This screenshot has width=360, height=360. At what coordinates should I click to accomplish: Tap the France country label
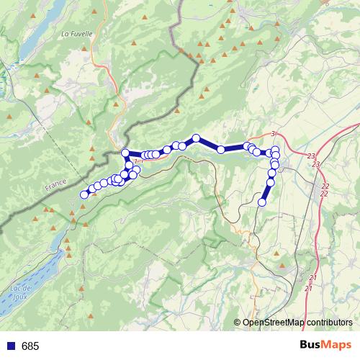click(55, 185)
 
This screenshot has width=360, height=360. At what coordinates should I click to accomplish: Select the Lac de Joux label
click(20, 293)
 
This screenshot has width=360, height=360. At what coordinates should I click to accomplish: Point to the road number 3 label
click(274, 134)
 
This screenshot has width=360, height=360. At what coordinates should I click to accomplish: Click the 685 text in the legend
click(30, 346)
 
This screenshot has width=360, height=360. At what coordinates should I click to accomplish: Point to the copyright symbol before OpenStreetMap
click(238, 323)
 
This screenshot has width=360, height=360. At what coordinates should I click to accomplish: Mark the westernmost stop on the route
click(84, 194)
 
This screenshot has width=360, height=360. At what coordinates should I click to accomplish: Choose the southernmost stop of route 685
click(262, 202)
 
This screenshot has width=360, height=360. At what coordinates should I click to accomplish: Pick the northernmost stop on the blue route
click(196, 138)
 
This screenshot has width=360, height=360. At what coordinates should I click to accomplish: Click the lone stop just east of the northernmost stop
click(221, 150)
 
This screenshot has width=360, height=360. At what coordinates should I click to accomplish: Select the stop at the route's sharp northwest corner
click(125, 152)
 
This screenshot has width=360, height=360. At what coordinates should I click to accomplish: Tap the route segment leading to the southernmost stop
click(266, 192)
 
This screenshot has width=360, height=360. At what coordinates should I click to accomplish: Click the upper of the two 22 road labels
click(325, 186)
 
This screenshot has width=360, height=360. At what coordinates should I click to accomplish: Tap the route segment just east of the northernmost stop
click(209, 144)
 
